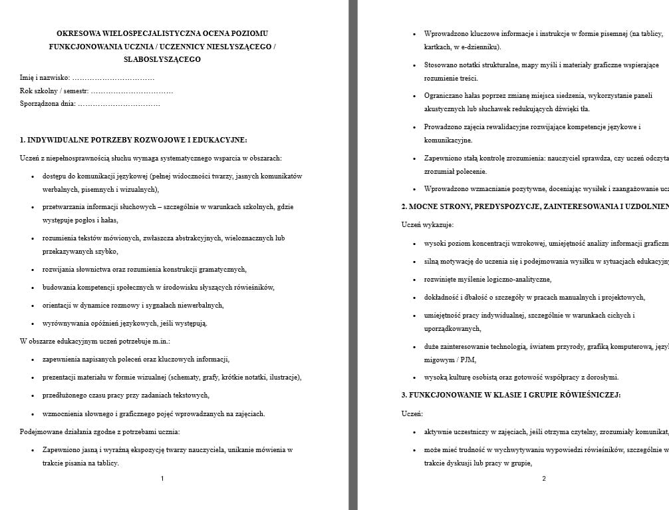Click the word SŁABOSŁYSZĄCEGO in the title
162,59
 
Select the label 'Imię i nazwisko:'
45,78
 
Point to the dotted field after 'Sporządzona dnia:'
119,104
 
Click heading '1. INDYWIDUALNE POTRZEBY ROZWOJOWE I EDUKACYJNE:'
133,140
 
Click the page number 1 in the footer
162,478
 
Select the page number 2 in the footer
544,478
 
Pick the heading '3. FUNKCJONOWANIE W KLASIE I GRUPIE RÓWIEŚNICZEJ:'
511,395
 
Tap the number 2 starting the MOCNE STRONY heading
404,206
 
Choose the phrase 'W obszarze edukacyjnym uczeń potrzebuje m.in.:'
95,341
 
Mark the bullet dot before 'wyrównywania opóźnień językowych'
33,324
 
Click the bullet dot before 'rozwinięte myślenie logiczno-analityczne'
415,280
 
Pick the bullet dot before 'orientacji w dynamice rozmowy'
33,306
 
